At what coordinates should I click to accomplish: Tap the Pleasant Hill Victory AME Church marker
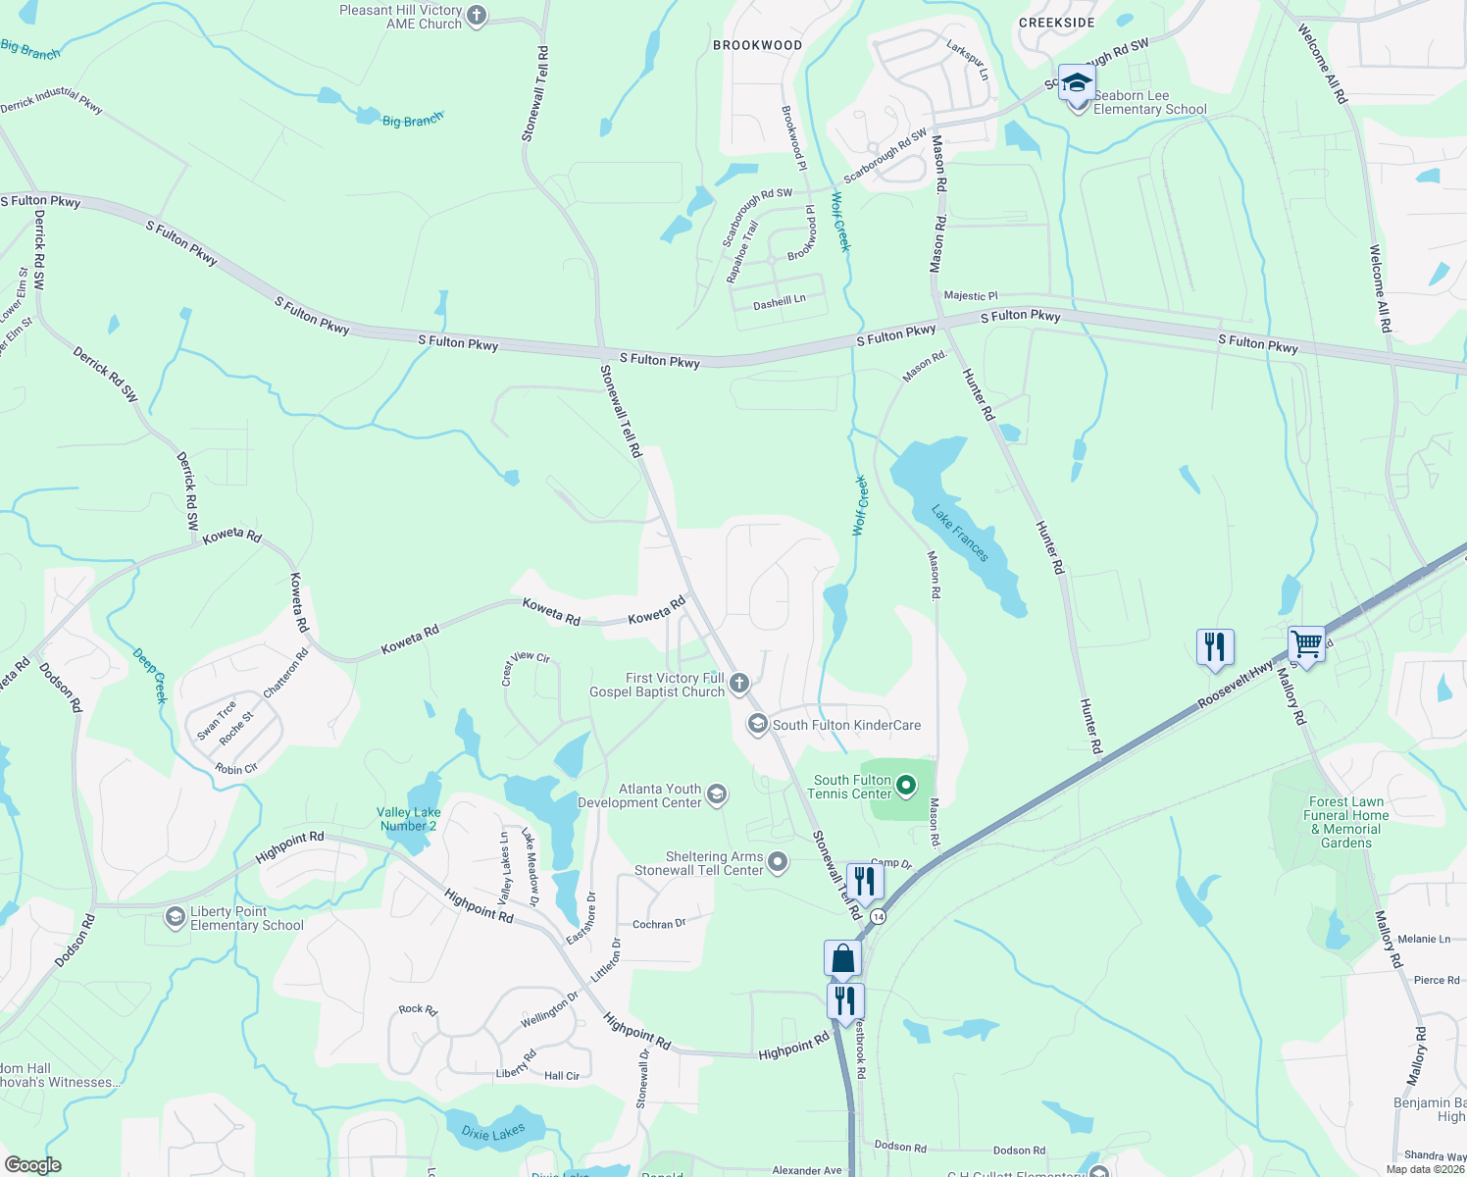pyautogui.click(x=477, y=16)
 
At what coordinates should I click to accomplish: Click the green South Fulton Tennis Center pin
pyautogui.click(x=907, y=785)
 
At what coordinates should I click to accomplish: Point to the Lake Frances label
pyautogui.click(x=960, y=534)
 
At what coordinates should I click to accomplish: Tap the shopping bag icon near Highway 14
pyautogui.click(x=843, y=958)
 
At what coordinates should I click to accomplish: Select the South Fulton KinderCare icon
pyautogui.click(x=757, y=725)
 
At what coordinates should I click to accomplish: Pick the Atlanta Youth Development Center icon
pyautogui.click(x=717, y=794)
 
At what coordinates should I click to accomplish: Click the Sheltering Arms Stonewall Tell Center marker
pyautogui.click(x=778, y=862)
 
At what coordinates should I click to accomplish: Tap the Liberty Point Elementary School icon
pyautogui.click(x=176, y=917)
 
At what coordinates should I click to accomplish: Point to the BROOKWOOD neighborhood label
pyautogui.click(x=757, y=45)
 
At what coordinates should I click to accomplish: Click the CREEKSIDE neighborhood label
pyautogui.click(x=1056, y=23)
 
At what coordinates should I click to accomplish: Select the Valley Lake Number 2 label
pyautogui.click(x=408, y=819)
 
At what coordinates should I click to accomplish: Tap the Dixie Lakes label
pyautogui.click(x=493, y=1133)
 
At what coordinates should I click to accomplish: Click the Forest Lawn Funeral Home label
pyautogui.click(x=1345, y=822)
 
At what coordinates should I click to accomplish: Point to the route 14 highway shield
pyautogui.click(x=878, y=916)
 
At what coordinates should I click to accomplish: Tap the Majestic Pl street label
pyautogui.click(x=970, y=295)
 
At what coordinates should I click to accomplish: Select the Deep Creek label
pyautogui.click(x=150, y=675)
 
